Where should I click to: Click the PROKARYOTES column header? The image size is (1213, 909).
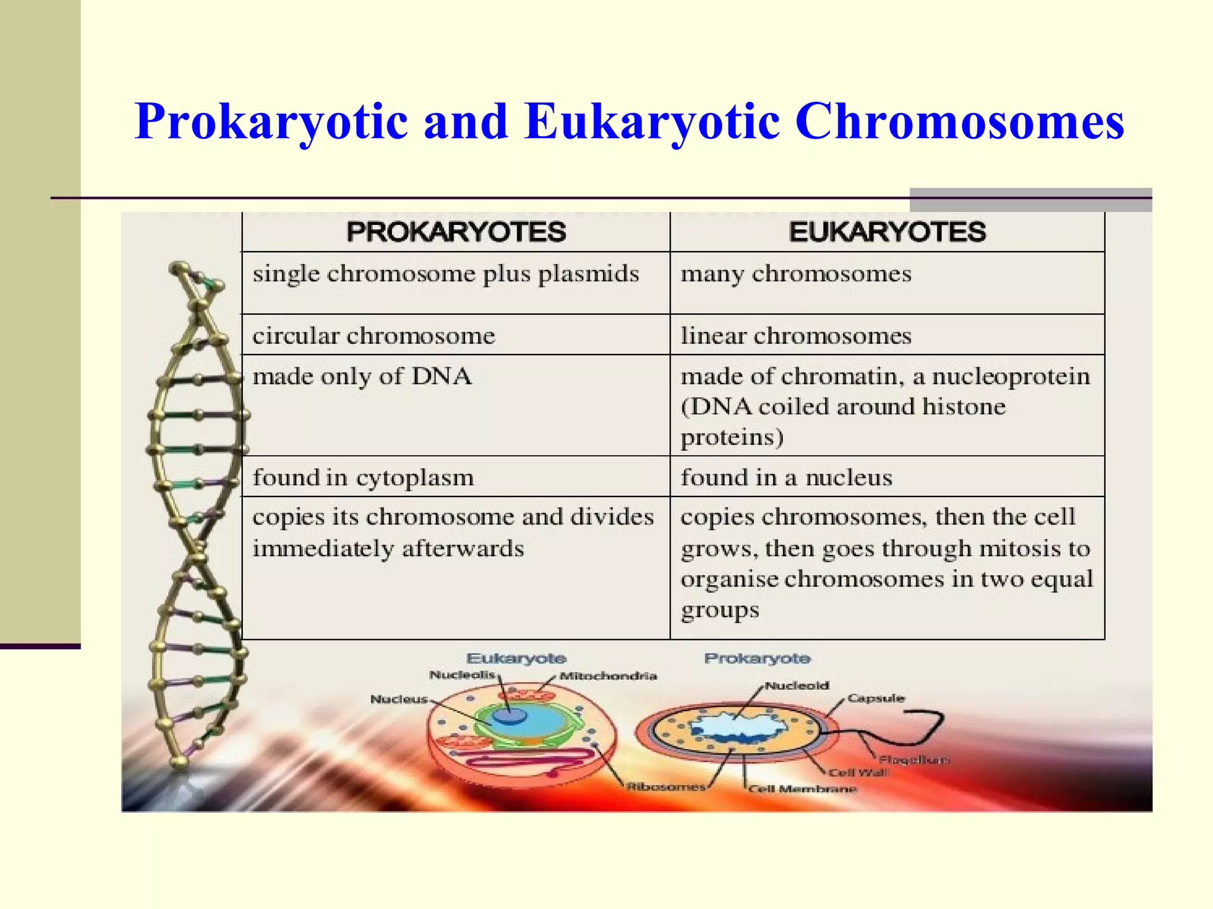(456, 231)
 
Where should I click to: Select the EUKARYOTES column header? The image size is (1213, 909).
(887, 231)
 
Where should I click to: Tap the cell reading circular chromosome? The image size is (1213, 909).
(373, 336)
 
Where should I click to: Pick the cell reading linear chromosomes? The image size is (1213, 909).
(795, 336)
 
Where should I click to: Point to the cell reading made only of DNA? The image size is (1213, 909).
(362, 376)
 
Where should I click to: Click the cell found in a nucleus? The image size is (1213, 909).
(786, 477)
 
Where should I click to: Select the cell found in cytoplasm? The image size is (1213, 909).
(363, 477)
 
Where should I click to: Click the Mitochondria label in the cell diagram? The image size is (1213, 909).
(608, 676)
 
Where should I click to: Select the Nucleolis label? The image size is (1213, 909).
(461, 675)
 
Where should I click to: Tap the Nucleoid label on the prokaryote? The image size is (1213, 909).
(797, 685)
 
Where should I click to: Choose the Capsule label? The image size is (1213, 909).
(875, 698)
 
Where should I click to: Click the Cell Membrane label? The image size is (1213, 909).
(803, 789)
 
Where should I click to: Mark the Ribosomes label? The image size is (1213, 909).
(666, 786)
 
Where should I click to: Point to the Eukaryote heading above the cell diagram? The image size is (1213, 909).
(516, 658)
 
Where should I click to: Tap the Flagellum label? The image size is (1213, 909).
(913, 759)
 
